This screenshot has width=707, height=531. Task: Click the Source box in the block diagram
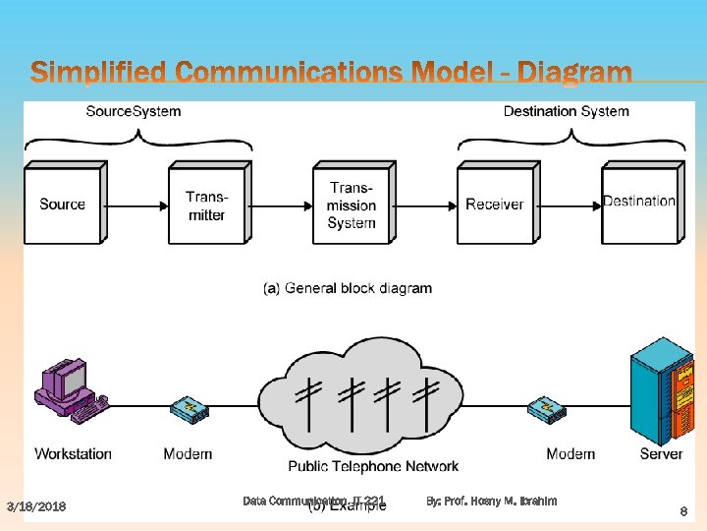63,205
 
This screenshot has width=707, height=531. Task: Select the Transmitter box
206,206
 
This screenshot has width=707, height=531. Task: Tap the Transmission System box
352,206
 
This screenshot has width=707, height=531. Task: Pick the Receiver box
495,205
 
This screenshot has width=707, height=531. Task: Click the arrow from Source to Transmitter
136,206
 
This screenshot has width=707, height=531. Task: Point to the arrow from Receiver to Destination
568,206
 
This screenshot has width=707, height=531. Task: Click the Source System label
134,111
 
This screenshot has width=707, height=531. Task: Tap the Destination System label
566,111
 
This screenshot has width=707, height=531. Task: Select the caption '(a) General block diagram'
348,288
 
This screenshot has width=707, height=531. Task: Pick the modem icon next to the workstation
189,409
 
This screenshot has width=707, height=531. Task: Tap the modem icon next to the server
547,409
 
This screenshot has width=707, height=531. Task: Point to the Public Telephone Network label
373,465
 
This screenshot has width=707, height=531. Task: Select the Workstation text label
73,453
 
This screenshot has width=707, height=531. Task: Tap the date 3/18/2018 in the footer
36,506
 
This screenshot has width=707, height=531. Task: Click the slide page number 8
683,511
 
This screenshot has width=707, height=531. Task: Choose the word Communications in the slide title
284,73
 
